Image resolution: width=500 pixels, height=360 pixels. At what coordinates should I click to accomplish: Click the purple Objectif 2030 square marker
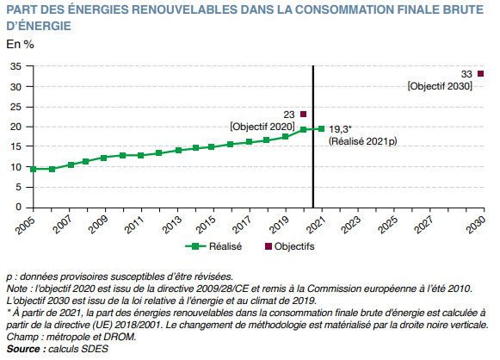pyautogui.click(x=480, y=74)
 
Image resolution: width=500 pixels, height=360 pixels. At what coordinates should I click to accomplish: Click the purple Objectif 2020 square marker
pyautogui.click(x=303, y=114)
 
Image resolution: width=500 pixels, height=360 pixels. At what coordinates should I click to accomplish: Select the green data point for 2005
pyautogui.click(x=34, y=169)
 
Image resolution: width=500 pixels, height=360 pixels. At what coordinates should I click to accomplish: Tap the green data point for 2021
pyautogui.click(x=321, y=129)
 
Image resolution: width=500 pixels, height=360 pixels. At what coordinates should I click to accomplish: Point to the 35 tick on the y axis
pyautogui.click(x=15, y=66)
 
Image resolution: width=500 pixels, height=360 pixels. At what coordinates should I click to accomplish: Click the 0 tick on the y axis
pyautogui.click(x=18, y=207)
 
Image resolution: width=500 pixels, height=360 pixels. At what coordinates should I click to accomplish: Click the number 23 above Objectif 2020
pyautogui.click(x=288, y=114)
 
